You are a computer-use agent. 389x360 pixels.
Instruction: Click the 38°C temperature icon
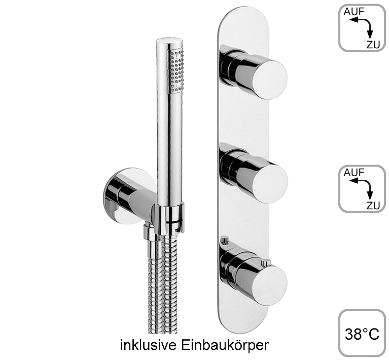click(362, 334)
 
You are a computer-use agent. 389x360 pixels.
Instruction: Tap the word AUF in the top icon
click(354, 12)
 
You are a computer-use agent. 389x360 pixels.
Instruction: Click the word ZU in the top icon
click(373, 45)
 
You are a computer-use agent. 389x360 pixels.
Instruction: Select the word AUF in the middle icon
click(354, 173)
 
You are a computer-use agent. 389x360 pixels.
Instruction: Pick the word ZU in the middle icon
click(373, 206)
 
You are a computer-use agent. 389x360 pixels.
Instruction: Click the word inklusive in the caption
click(149, 345)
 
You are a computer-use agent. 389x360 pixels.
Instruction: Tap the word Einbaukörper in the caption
click(225, 345)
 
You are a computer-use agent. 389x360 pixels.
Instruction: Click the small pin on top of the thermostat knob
click(267, 263)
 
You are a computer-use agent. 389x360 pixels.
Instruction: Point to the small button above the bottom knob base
click(225, 240)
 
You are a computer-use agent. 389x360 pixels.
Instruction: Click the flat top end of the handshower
click(169, 41)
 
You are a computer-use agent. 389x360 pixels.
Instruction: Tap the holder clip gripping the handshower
click(169, 219)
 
